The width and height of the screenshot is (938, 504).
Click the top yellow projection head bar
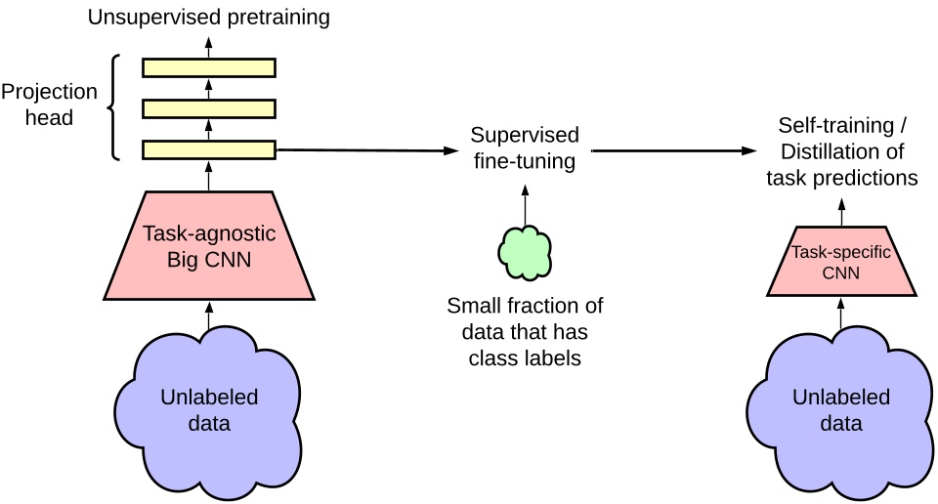(209, 67)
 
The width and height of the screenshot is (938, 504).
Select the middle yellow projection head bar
(209, 108)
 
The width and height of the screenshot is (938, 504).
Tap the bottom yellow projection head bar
(209, 149)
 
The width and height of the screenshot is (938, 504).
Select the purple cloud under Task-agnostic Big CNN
(209, 410)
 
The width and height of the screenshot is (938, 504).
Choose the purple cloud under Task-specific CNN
(840, 410)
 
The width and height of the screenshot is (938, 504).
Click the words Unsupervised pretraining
(208, 17)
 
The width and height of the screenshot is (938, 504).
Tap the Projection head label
(49, 105)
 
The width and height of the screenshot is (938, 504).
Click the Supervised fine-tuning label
(525, 147)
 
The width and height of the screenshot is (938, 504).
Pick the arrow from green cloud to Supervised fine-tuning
(526, 199)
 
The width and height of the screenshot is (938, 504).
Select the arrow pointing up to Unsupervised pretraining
(209, 45)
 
